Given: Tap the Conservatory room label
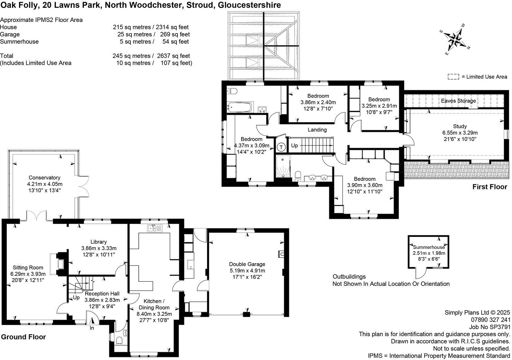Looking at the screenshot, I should tap(45, 178).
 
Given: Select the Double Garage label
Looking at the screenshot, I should tap(247, 264).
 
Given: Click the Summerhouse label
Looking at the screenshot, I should tap(429, 247).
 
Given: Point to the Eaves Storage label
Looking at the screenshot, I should tap(458, 101).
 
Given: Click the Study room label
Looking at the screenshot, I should tap(460, 126).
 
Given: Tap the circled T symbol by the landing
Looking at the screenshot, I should tap(281, 147).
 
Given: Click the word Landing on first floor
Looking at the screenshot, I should tap(317, 130).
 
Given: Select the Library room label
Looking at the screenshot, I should tap(99, 242).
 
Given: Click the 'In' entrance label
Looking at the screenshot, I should tap(92, 328).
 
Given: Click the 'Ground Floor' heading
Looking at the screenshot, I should tap(24, 337).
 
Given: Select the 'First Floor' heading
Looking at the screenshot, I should tap(490, 187).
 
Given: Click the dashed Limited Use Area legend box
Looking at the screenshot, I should tap(453, 77).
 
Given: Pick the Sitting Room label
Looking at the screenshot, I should tap(28, 267).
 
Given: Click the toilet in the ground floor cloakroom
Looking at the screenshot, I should tap(119, 341).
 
